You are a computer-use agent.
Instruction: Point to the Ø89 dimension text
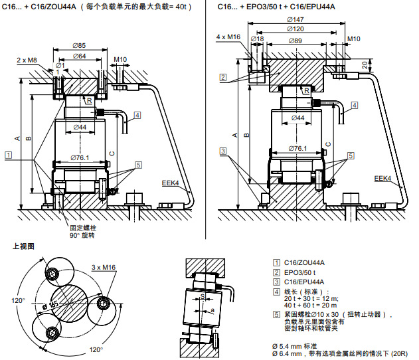coord(295,41)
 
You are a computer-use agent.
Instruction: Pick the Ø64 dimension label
coord(78,56)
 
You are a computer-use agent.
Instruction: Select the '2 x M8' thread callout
coord(27,60)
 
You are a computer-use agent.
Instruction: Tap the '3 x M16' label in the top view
coord(103,267)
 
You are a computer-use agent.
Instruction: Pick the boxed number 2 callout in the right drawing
coord(223,78)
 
